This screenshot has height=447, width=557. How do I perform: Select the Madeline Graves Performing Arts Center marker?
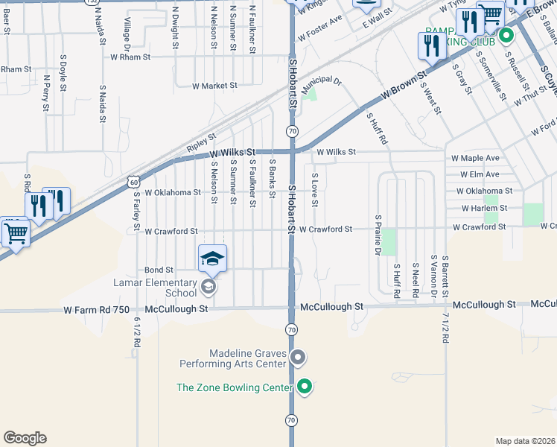tap(298, 358)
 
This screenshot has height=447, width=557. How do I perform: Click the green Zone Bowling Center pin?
tap(304, 386)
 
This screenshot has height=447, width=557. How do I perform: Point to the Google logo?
tap(25, 437)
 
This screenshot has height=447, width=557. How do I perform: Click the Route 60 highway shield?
tap(133, 181)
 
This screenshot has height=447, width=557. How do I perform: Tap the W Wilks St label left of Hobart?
tap(231, 151)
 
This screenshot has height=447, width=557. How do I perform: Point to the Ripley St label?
tap(201, 138)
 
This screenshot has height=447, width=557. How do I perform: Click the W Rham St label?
tap(130, 57)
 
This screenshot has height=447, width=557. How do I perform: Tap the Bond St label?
tap(159, 270)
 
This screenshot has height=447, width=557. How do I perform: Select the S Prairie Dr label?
tap(378, 236)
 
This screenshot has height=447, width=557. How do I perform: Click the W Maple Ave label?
tap(475, 159)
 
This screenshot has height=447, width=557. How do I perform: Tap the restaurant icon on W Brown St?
tap(432, 46)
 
